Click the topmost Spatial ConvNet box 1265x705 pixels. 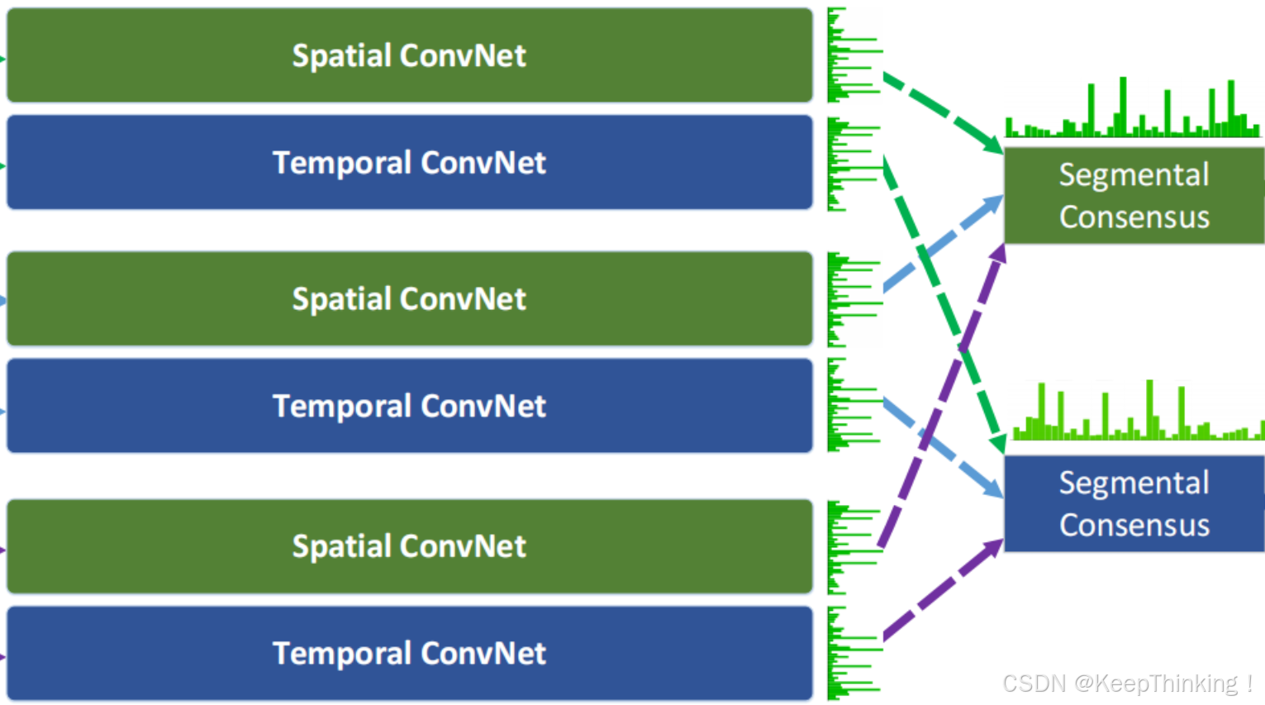[x=409, y=55]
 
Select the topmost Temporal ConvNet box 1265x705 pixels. [x=409, y=163]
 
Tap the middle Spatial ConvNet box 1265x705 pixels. [x=409, y=298]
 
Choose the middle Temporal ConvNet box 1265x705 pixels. [x=409, y=406]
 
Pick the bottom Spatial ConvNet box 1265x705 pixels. [x=409, y=546]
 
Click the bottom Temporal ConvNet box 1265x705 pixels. [x=409, y=654]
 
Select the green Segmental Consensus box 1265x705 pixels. [x=1134, y=196]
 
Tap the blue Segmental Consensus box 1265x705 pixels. [x=1134, y=503]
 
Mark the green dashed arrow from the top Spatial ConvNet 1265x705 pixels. [x=942, y=112]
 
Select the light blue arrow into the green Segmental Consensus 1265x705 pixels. [x=942, y=244]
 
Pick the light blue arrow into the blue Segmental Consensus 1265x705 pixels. [x=942, y=446]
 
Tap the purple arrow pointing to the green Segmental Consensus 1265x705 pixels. [x=942, y=397]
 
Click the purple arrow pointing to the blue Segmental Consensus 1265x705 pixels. [x=942, y=591]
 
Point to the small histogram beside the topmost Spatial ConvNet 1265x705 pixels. [x=851, y=55]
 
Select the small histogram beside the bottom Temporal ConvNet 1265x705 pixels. [x=851, y=654]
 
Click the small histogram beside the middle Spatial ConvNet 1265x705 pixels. [x=851, y=298]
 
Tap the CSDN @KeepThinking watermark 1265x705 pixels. [x=1127, y=684]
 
